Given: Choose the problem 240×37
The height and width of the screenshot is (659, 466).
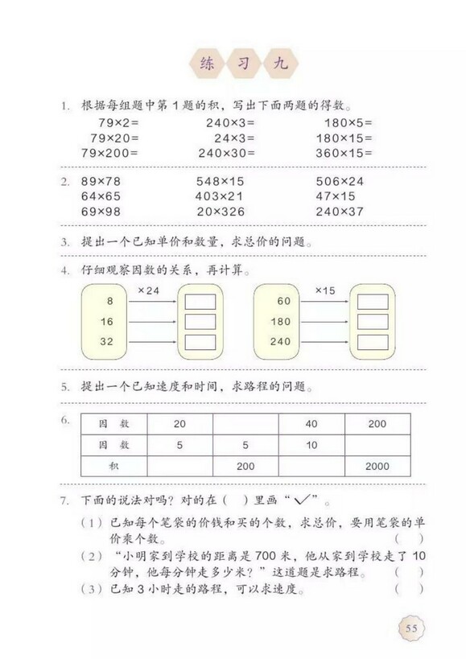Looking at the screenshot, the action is click(x=340, y=212).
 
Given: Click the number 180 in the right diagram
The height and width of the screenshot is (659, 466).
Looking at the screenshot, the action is click(x=282, y=321).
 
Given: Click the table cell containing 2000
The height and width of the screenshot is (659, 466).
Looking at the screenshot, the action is click(x=377, y=466).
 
